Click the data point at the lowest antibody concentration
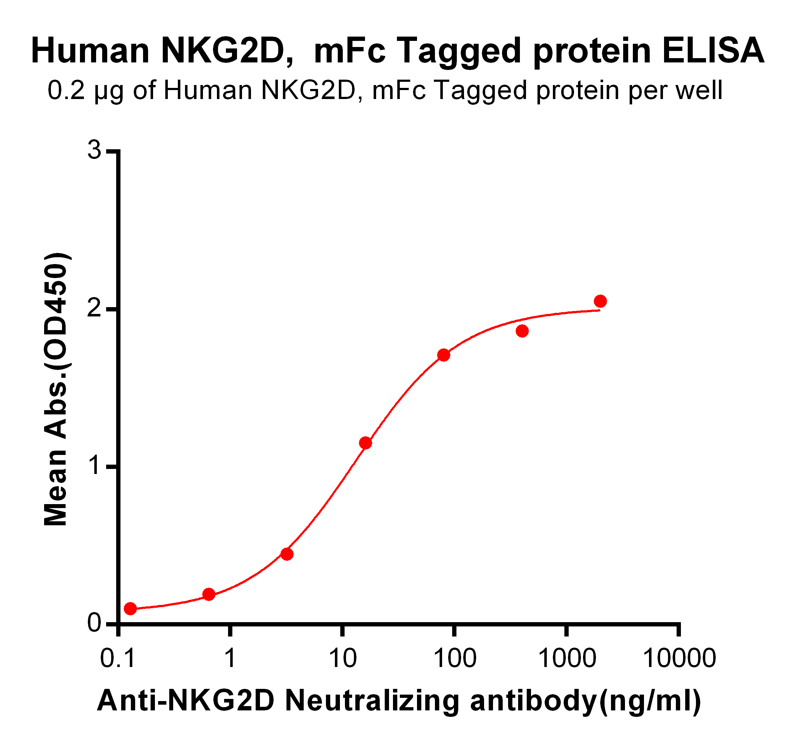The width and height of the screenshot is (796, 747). [130, 609]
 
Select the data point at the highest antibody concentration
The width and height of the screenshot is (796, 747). [600, 301]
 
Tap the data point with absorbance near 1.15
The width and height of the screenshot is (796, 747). [365, 443]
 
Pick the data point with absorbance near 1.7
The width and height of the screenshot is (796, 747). [444, 355]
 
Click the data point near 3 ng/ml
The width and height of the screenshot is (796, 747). [287, 554]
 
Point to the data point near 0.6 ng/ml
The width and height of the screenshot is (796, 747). [209, 594]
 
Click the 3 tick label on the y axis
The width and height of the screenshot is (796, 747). [95, 151]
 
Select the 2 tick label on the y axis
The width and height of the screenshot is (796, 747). [95, 308]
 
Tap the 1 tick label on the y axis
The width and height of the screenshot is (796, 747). [95, 466]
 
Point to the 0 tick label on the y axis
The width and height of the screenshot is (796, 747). [95, 623]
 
